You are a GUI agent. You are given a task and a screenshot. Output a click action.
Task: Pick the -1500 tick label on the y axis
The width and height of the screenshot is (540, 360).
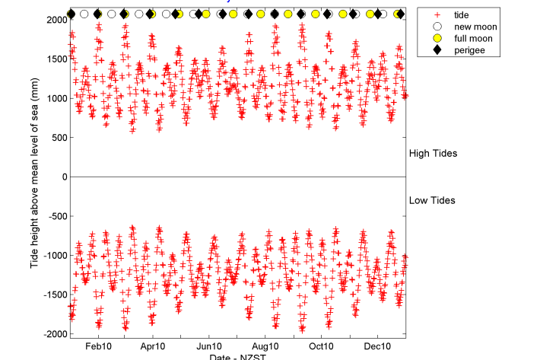tap(52, 295)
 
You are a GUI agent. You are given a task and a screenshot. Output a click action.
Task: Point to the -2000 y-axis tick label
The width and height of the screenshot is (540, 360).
tap(52, 334)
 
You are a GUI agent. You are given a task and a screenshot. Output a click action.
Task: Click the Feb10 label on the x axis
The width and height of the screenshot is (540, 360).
tap(98, 346)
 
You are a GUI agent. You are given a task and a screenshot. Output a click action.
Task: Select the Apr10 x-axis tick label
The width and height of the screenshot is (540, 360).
tap(153, 346)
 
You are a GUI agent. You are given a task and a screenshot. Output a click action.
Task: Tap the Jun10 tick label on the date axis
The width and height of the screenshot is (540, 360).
tap(209, 346)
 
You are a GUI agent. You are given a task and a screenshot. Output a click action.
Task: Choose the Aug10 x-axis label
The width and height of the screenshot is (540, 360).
tap(265, 346)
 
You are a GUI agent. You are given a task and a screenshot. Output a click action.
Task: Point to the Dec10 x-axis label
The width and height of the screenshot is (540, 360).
tap(378, 346)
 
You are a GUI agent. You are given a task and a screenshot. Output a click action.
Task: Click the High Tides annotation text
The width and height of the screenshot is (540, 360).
tap(433, 154)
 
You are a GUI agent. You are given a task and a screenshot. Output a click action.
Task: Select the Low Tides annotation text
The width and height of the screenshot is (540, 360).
tap(432, 201)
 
